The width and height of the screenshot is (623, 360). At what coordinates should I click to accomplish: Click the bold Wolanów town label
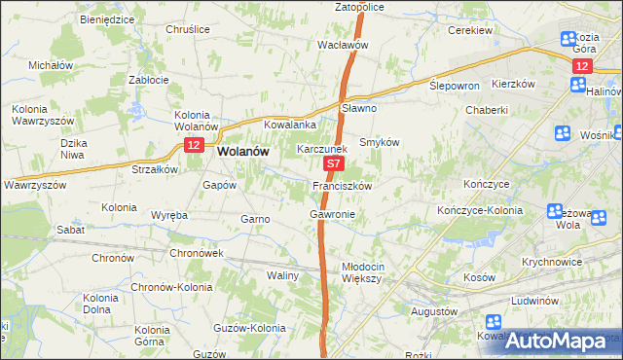(x=244, y=152)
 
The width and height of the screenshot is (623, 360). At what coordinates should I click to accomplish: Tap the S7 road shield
(x=333, y=166)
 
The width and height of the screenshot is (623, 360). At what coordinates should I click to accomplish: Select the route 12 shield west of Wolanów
(x=194, y=145)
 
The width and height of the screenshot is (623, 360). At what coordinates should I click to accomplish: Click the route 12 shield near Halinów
(x=582, y=65)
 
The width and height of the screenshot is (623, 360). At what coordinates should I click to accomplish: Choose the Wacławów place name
(x=342, y=45)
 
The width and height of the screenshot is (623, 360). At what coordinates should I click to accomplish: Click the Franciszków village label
(x=343, y=185)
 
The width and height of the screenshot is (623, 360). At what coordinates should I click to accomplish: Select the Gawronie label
(x=332, y=213)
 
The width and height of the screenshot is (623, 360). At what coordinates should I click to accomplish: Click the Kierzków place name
(x=514, y=84)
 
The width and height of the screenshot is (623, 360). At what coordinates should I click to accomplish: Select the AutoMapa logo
(x=564, y=341)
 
